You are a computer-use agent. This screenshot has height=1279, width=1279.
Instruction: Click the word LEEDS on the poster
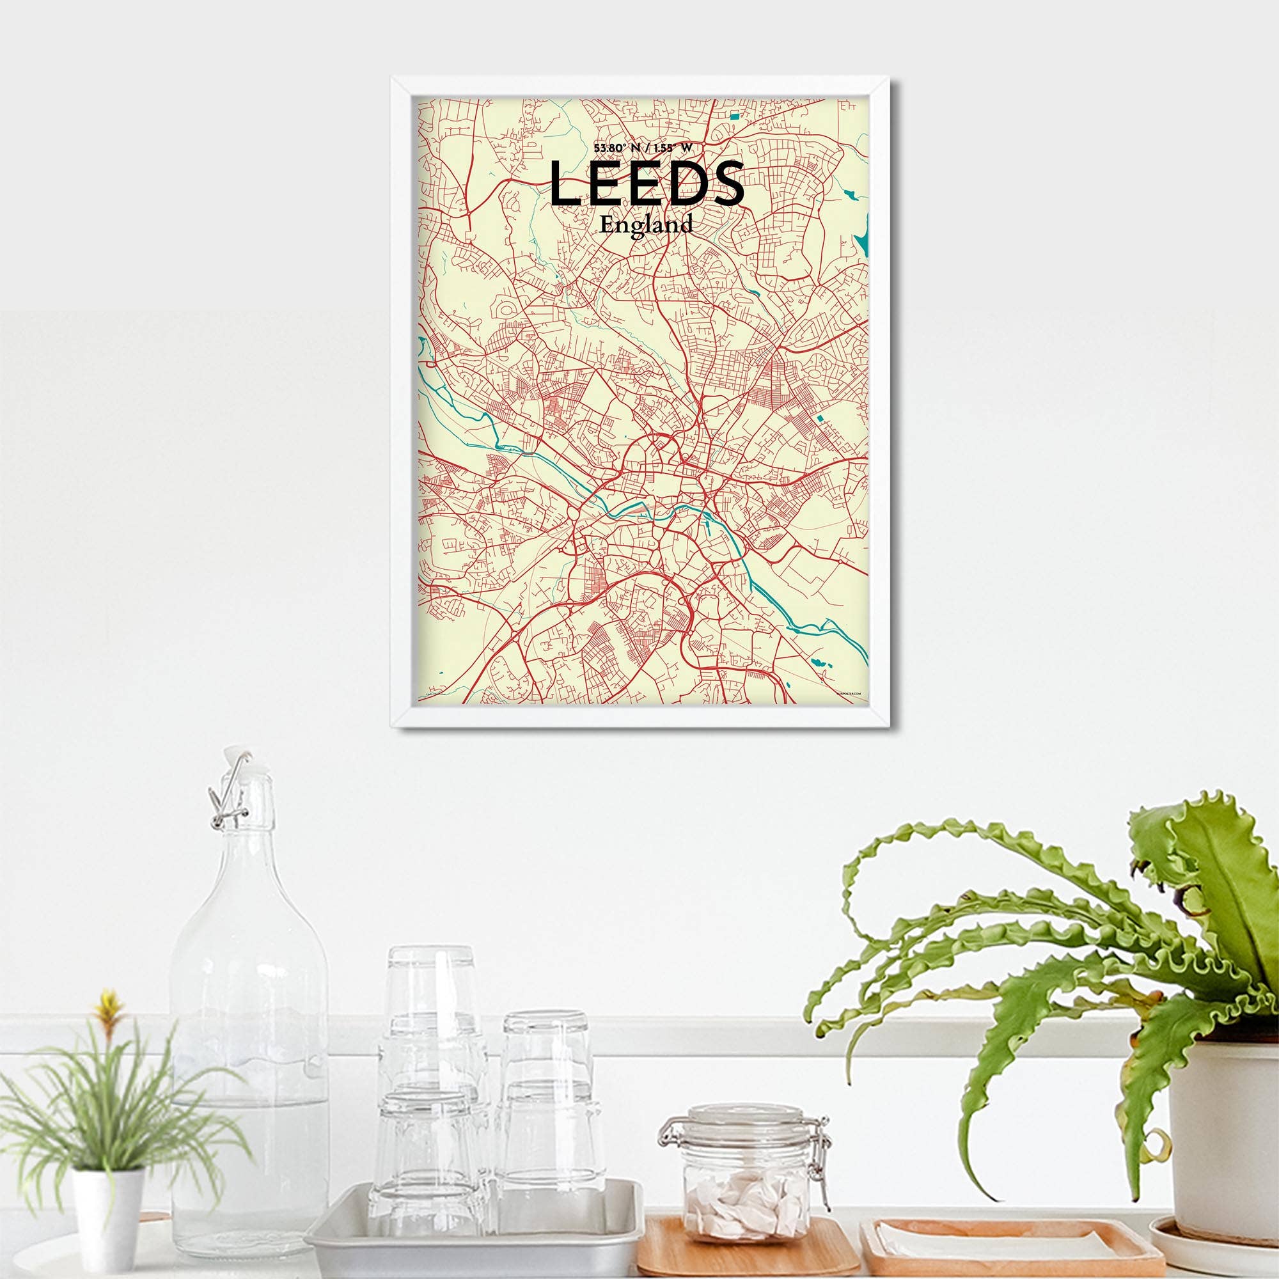647,184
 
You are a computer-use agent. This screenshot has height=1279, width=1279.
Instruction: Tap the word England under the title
645,225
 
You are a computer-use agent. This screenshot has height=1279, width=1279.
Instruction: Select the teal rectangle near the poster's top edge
734,116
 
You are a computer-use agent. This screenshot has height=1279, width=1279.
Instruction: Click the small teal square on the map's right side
821,418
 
